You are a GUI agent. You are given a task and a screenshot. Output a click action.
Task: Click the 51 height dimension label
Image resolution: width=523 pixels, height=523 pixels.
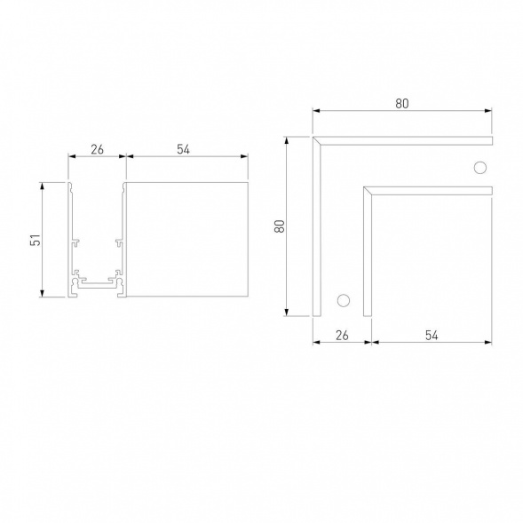click(35, 240)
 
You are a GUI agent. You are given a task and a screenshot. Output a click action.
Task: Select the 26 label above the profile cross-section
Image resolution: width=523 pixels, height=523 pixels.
click(98, 149)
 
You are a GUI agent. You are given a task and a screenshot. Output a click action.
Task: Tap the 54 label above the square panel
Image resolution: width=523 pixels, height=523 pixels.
click(184, 149)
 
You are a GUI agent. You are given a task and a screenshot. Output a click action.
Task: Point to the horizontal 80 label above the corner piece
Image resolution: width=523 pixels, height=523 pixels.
click(402, 103)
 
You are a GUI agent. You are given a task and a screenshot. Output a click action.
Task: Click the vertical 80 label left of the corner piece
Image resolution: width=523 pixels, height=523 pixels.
click(279, 226)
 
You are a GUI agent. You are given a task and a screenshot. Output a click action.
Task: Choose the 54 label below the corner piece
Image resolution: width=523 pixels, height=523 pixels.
click(432, 335)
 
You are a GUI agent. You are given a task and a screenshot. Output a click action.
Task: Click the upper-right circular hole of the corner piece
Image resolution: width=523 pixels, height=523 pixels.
click(480, 168)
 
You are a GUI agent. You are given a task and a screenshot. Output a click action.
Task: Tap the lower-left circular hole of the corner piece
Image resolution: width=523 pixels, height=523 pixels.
click(342, 299)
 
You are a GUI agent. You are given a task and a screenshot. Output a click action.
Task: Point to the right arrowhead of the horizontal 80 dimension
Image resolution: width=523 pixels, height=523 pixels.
click(489, 112)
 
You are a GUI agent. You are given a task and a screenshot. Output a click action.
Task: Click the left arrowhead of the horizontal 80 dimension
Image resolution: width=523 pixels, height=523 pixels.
click(315, 112)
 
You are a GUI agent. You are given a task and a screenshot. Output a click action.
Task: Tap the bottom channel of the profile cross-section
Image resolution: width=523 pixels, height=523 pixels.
click(96, 287)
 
